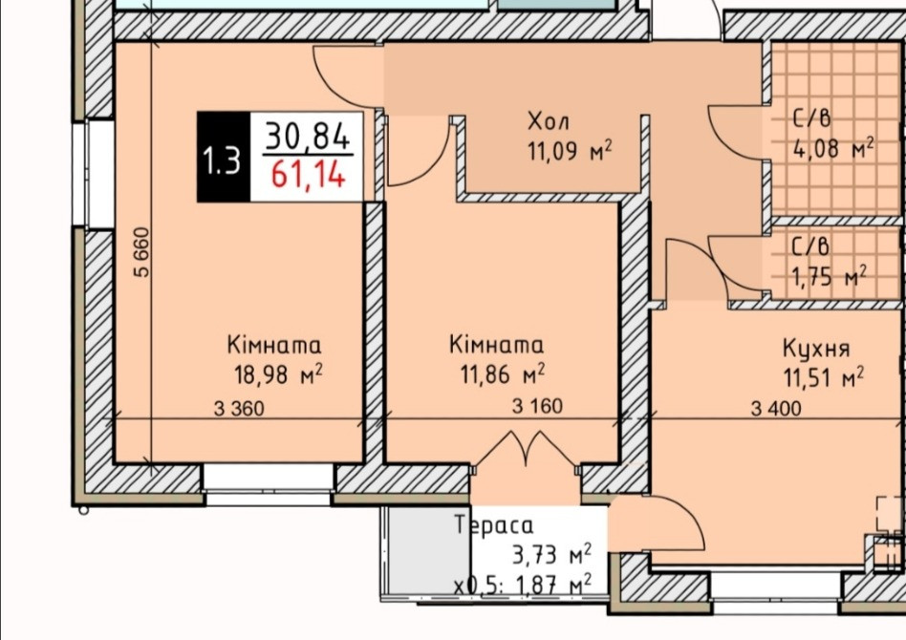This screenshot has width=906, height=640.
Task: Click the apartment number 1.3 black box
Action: pos(223,158)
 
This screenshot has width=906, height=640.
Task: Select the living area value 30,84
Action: pos(307,136)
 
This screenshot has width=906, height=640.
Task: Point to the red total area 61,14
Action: pos(307,176)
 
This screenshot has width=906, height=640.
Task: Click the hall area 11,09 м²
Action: pos(568,150)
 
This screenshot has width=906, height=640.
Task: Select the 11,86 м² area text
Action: pos(501,371)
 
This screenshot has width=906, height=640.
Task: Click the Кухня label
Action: pos(815,348)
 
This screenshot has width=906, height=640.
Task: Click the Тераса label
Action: pos(494,524)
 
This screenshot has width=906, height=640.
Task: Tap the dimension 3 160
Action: pos(538,406)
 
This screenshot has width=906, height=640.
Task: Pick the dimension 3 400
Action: pos(776,409)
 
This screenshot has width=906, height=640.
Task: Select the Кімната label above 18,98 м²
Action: pos(274,345)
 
